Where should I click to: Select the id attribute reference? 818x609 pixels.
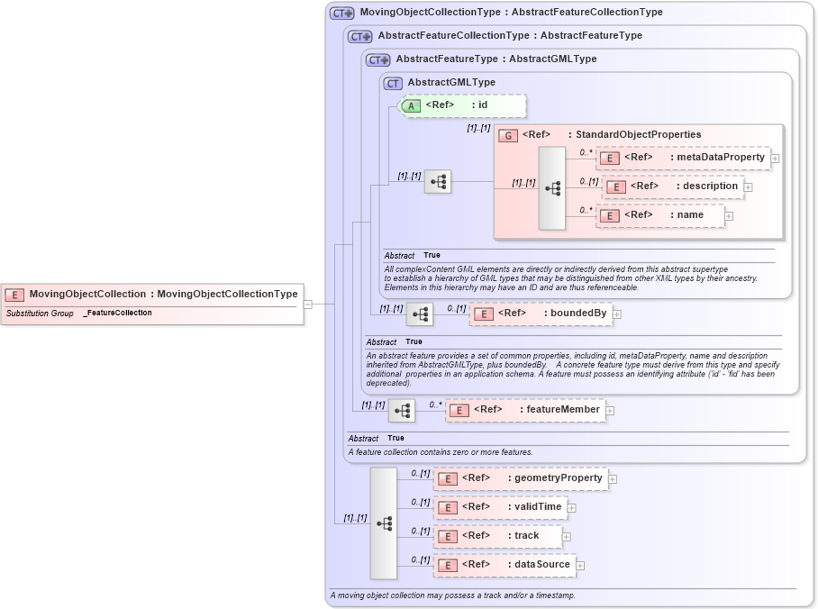point(462,105)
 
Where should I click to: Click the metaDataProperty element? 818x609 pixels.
point(684,158)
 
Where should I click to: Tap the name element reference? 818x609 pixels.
point(660,216)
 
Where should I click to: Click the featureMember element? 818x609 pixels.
point(525,410)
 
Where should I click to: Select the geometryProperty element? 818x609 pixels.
point(521,478)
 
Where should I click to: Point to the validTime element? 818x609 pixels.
point(501,507)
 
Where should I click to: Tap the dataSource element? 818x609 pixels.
point(504,565)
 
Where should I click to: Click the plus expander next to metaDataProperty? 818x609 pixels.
point(775,159)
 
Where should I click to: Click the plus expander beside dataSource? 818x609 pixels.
point(580,566)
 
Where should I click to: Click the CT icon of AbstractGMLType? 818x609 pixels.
point(393,83)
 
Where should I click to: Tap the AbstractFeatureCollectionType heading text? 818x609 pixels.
point(453,36)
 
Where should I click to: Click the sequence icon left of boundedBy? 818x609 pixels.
point(420,314)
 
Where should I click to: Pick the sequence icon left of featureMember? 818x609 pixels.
point(402,411)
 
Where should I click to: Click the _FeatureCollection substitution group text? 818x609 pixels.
point(117,313)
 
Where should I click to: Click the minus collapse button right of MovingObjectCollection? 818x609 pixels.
point(307,304)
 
